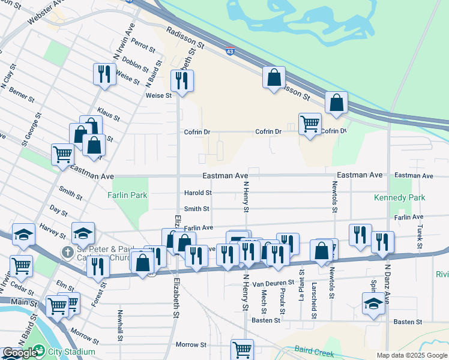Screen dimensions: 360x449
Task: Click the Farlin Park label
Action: click(x=127, y=195)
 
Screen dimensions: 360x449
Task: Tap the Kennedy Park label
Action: click(x=399, y=197)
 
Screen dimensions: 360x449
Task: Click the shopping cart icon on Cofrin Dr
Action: click(x=310, y=124)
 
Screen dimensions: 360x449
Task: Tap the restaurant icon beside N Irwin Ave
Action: click(x=104, y=74)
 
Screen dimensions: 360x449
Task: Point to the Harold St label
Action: click(x=197, y=193)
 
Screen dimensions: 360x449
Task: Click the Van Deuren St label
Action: click(x=273, y=281)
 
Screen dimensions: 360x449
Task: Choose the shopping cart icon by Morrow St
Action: click(x=242, y=349)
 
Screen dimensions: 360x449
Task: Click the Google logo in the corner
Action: click(x=19, y=353)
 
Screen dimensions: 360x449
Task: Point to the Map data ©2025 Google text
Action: click(x=411, y=355)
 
